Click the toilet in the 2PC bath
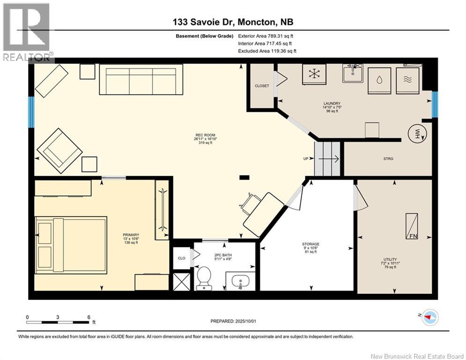(x=204, y=278)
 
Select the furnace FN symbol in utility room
(x=412, y=226)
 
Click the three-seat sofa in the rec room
(x=141, y=79)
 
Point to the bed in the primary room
(x=71, y=245)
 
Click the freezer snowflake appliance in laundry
(x=314, y=75)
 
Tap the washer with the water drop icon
(x=379, y=81)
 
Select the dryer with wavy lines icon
(x=407, y=81)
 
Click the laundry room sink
(x=353, y=73)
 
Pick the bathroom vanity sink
(x=240, y=281)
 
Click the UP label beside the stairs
(x=306, y=158)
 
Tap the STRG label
(x=388, y=158)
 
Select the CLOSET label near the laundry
(x=262, y=86)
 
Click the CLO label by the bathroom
(x=182, y=258)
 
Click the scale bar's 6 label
(x=89, y=317)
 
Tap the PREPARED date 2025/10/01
(x=245, y=321)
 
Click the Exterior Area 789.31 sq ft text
(x=266, y=36)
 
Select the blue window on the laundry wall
(x=435, y=104)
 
